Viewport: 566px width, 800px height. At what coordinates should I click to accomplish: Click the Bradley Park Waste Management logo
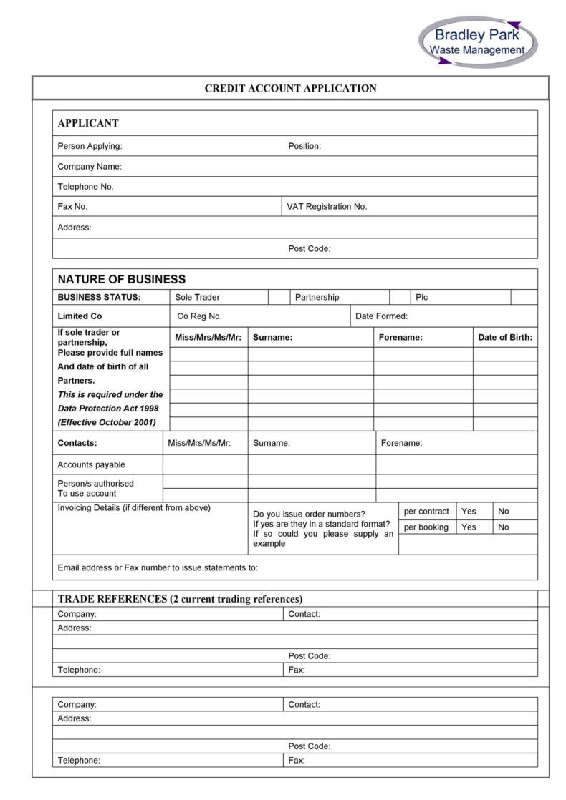pyautogui.click(x=477, y=42)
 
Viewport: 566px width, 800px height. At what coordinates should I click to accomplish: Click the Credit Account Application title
pyautogui.click(x=290, y=89)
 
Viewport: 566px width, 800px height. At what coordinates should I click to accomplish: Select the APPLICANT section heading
pyautogui.click(x=88, y=123)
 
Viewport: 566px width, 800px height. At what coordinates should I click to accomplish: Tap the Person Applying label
pyautogui.click(x=90, y=146)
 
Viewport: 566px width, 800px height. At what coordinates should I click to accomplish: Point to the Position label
pyautogui.click(x=304, y=146)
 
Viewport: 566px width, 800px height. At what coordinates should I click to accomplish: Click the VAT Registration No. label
pyautogui.click(x=327, y=206)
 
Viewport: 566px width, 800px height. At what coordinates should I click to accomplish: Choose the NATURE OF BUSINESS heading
pyautogui.click(x=121, y=279)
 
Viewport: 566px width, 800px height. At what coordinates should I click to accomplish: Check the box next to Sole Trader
pyautogui.click(x=278, y=297)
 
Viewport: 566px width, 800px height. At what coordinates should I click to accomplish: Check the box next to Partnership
pyautogui.click(x=399, y=297)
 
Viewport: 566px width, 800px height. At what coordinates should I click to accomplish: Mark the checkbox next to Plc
pyautogui.click(x=524, y=297)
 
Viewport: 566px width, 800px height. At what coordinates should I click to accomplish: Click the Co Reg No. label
pyautogui.click(x=199, y=316)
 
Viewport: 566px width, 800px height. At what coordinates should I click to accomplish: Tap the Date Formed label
pyautogui.click(x=381, y=316)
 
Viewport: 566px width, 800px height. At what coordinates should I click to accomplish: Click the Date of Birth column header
pyautogui.click(x=505, y=337)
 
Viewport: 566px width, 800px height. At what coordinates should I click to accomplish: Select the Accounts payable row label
pyautogui.click(x=91, y=464)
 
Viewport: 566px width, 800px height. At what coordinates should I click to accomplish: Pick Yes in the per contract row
pyautogui.click(x=469, y=511)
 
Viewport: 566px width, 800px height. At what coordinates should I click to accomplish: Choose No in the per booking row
pyautogui.click(x=504, y=527)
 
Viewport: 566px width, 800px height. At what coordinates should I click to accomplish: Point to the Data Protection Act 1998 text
pyautogui.click(x=108, y=408)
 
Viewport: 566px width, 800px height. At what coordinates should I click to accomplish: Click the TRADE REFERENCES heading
pyautogui.click(x=180, y=599)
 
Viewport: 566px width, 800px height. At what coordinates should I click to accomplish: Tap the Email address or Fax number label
pyautogui.click(x=157, y=568)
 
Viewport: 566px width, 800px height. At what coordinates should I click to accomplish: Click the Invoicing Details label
pyautogui.click(x=134, y=508)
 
